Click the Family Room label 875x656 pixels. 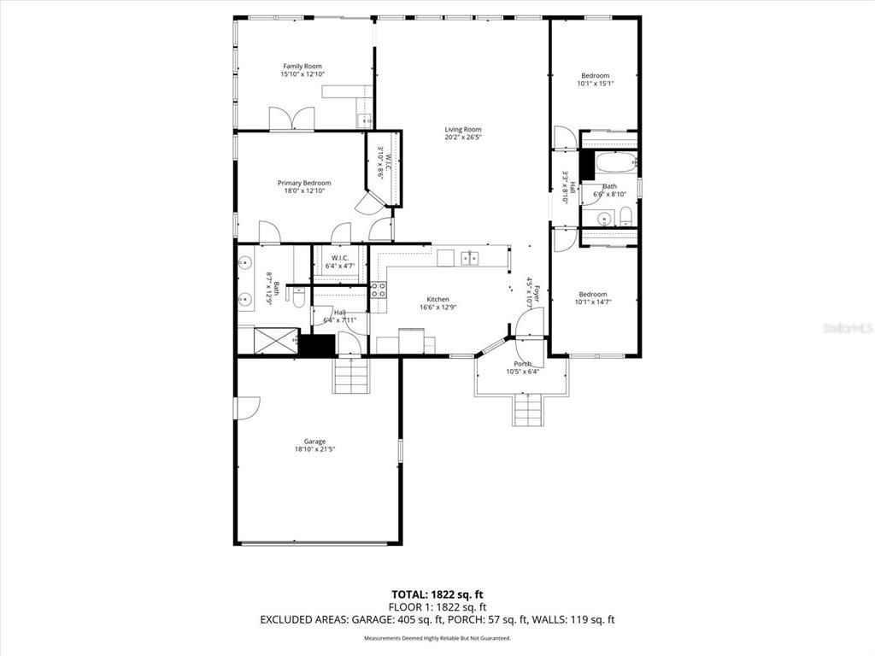click(x=302, y=66)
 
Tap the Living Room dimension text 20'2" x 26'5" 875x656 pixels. click(x=462, y=138)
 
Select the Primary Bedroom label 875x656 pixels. click(x=303, y=183)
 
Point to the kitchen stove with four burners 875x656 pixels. click(x=379, y=290)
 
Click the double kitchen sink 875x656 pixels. click(x=469, y=258)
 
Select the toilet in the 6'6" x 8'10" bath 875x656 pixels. click(x=625, y=214)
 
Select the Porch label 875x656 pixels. click(x=522, y=364)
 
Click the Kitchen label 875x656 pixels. click(x=437, y=299)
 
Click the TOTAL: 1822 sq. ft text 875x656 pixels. click(x=437, y=594)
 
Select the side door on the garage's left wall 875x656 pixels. click(x=247, y=407)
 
